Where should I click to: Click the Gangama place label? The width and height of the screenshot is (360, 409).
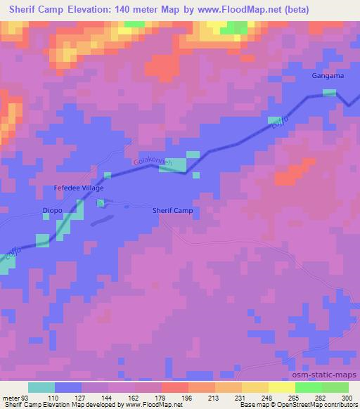click(328, 76)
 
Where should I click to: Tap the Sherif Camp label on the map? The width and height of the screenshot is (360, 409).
click(172, 210)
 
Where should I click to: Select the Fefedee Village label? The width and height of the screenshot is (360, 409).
click(79, 188)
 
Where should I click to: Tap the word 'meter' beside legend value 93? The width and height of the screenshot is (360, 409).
click(10, 398)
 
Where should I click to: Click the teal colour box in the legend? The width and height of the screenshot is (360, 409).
click(42, 387)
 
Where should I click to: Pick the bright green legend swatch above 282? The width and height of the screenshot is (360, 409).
click(309, 387)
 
